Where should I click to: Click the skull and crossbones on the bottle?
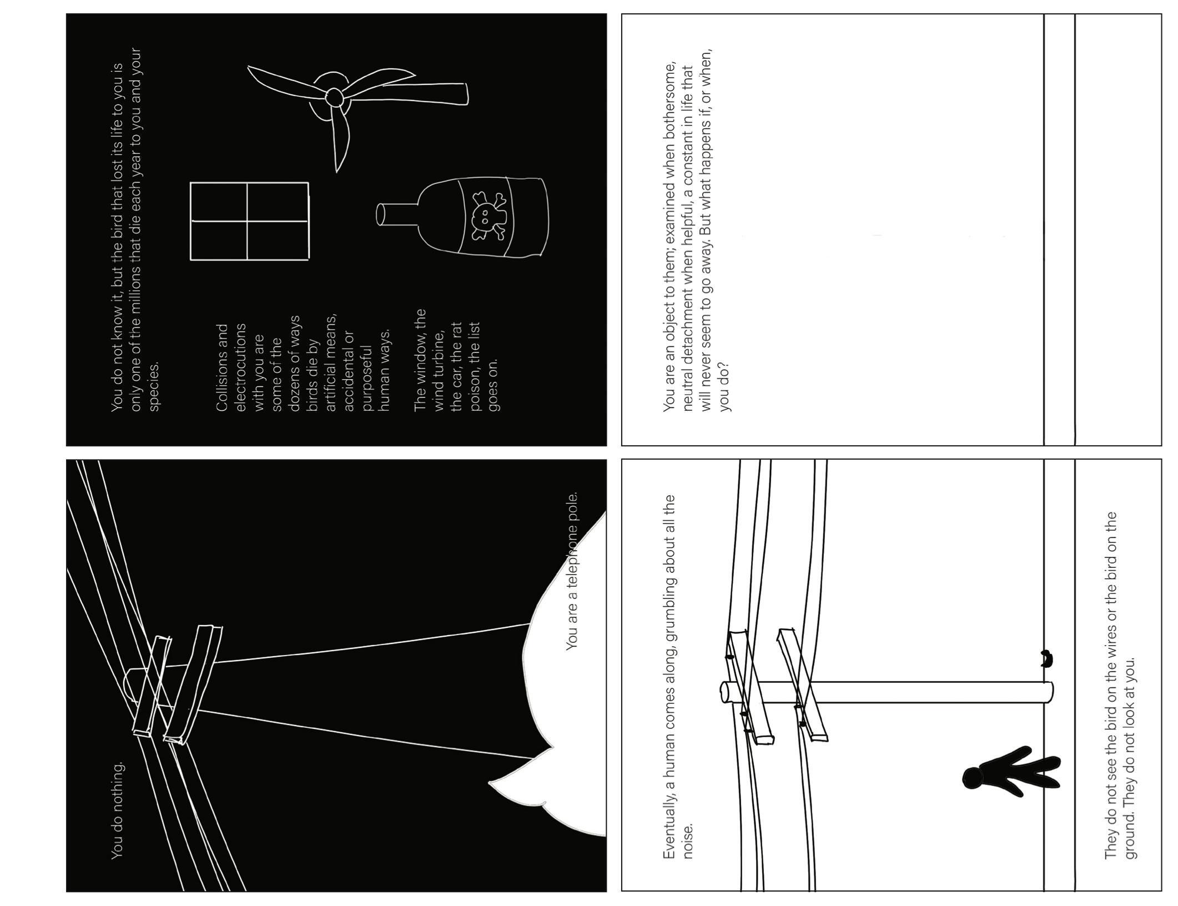pyautogui.click(x=489, y=216)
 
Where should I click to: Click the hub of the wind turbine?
pyautogui.click(x=335, y=97)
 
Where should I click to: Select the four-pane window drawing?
pyautogui.click(x=249, y=220)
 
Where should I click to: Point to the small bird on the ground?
pyautogui.click(x=1046, y=660)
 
